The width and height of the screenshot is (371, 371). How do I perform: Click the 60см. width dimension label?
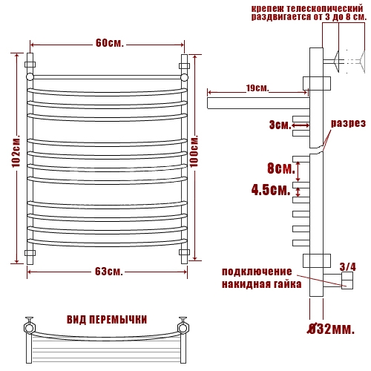coord(109,43)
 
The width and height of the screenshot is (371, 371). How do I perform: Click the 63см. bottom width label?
coord(109,272)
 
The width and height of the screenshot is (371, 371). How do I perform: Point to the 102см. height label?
coord(16,151)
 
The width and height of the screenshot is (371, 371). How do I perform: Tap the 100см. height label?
coord(194,151)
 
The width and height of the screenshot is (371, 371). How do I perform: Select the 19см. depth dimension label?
coord(257,88)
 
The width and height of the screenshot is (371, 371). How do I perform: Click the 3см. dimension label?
coord(280,125)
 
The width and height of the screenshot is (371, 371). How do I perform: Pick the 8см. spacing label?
coord(281,168)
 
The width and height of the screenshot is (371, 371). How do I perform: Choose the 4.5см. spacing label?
coord(271,190)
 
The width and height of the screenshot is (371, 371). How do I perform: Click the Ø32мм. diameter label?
coord(331,329)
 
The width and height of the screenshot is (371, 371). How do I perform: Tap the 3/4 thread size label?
coord(348,267)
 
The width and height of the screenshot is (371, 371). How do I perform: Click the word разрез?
coord(348,123)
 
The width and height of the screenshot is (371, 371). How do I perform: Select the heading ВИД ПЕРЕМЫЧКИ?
coord(107,320)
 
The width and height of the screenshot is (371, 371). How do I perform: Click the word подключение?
coord(257,272)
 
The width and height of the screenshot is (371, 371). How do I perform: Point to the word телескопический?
coord(325,9)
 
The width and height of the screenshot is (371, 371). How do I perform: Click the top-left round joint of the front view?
coord(30,76)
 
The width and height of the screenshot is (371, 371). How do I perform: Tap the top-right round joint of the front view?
coord(184,77)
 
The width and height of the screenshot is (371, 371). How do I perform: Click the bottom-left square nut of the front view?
coord(30,253)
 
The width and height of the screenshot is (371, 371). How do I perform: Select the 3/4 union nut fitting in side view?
coord(347,280)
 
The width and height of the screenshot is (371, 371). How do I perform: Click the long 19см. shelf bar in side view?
coord(258,103)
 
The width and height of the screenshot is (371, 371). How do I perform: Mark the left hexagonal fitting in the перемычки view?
coord(30,328)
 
